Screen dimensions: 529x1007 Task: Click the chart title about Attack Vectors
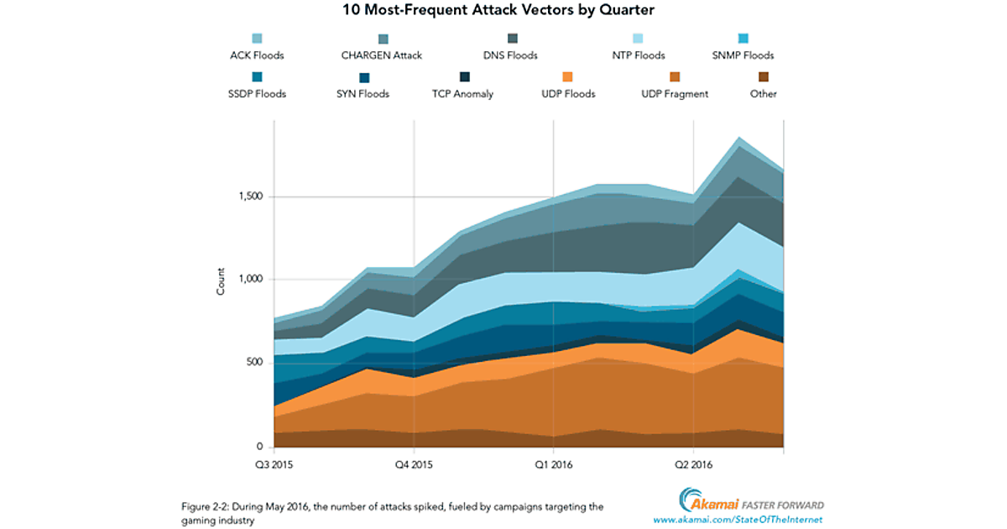[x=503, y=12]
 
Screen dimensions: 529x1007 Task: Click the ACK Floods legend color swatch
[x=257, y=39]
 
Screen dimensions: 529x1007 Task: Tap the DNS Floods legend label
[x=511, y=55]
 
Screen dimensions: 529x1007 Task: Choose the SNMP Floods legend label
[x=743, y=55]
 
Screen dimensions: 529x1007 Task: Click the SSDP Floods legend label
[x=257, y=94]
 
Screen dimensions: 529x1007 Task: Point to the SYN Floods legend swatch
[x=363, y=77]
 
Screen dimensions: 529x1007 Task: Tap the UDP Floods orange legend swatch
[x=568, y=77]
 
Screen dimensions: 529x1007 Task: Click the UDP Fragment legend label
[x=674, y=94]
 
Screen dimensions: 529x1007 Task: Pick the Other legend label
[x=763, y=94]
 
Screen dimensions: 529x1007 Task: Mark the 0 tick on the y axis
[x=260, y=446]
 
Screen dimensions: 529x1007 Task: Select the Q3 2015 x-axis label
[x=274, y=464]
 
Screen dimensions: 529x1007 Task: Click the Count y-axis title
[x=222, y=282]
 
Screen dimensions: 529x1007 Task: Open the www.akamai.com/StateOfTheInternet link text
[x=738, y=521]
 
